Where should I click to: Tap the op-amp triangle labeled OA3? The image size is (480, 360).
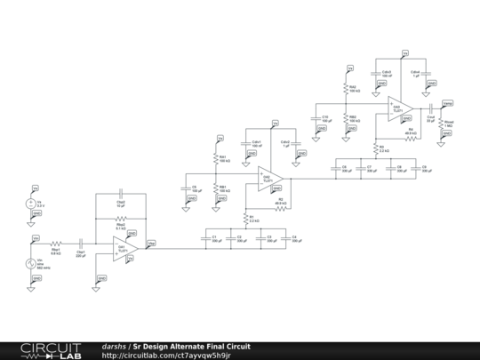coord(396,108)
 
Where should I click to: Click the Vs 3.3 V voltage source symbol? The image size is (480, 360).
coord(34,204)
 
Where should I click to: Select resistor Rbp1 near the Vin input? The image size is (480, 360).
coord(56,241)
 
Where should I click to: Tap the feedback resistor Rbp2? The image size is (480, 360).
coord(121,218)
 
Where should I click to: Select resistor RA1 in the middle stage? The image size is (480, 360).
coord(216,158)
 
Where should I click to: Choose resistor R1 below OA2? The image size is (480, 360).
coord(246,218)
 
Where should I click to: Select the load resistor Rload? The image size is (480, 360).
coord(442,124)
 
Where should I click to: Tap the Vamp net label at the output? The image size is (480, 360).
coord(446,103)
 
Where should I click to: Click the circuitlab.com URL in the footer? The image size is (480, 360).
coord(166,355)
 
